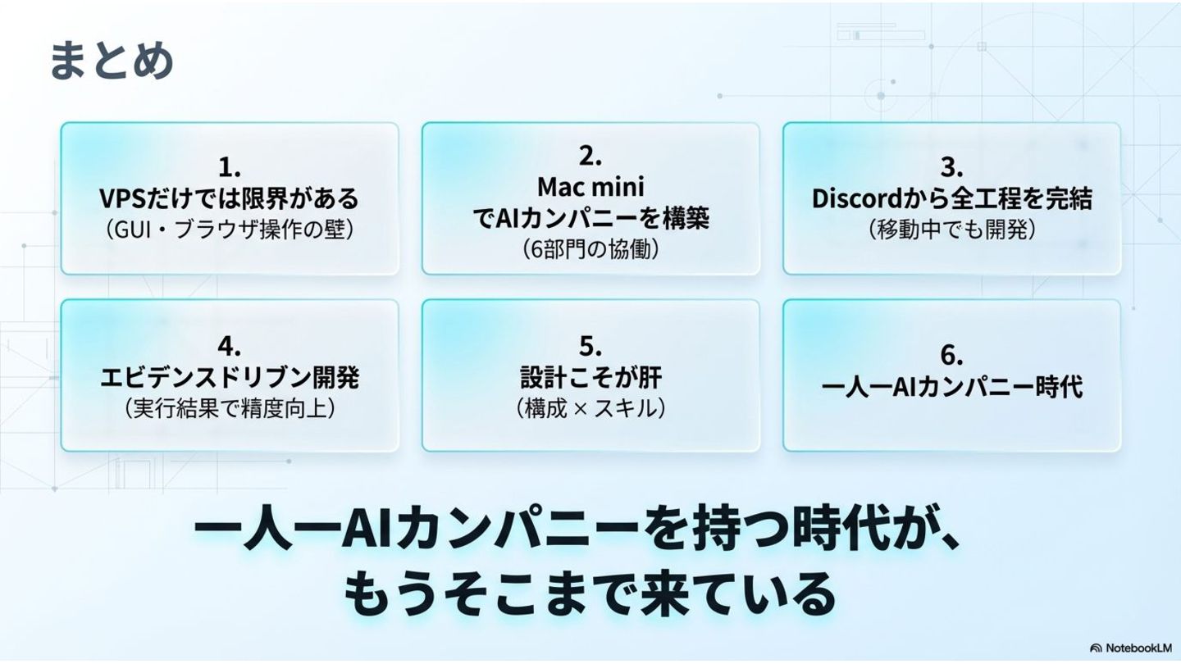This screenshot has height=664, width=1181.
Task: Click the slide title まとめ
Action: point(112,61)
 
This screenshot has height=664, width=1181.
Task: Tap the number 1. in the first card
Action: point(230,168)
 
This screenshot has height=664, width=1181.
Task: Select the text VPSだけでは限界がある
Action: point(230,198)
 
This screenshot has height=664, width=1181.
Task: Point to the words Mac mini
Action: point(590,187)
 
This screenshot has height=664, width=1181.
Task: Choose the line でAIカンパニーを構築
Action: point(590,218)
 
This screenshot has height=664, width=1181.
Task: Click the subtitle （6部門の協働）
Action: point(590,248)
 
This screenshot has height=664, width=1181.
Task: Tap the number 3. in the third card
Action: point(951,168)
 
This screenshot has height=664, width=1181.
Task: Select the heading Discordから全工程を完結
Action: point(951,198)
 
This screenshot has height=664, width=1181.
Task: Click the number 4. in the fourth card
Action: point(230,345)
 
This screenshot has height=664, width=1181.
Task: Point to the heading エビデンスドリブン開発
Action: point(230,376)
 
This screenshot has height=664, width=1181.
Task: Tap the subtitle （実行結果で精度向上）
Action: point(230,407)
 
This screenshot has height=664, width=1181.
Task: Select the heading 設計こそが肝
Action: point(590,376)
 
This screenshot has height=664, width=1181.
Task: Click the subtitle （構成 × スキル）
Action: point(590,407)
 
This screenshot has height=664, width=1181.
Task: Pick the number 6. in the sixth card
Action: point(951,356)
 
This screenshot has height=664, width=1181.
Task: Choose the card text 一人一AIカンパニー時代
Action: point(951,386)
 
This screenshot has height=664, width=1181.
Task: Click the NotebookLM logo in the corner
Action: point(1130,648)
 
